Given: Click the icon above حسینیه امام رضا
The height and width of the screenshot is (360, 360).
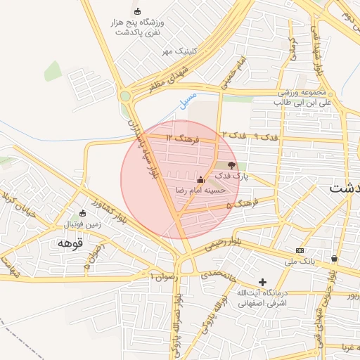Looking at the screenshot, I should tap(201, 179).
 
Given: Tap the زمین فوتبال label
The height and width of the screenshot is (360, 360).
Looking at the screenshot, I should tap(84, 224).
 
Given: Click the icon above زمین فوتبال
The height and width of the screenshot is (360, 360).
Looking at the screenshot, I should tap(82, 213).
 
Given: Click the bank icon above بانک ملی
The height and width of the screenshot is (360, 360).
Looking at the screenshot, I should tap(300, 250).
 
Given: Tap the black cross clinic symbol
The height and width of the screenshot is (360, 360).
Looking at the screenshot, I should tap(262, 281).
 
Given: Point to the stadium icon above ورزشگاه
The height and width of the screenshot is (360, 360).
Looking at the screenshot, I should tap(137, 11).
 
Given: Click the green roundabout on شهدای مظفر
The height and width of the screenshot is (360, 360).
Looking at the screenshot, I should tap(126, 96).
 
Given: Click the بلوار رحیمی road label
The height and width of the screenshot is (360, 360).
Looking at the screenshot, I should tap(223, 244).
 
